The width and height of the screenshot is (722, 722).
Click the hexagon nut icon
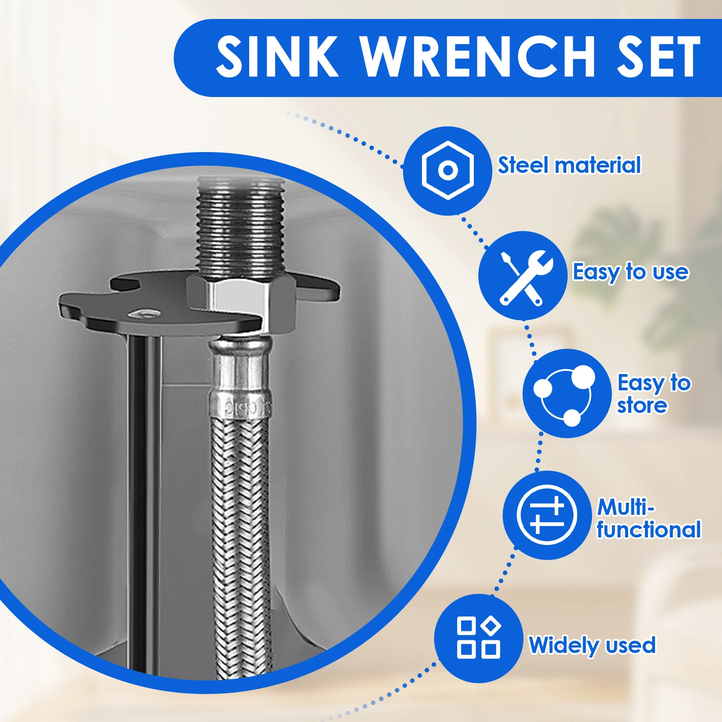click(447, 171)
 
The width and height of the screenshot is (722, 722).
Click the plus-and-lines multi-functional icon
click(547, 515)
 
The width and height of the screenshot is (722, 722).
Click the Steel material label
click(569, 165)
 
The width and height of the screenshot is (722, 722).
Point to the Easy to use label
click(631, 272)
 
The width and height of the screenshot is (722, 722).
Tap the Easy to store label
click(654, 394)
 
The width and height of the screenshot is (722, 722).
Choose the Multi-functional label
click(648, 518)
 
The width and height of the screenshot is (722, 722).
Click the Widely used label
click(592, 645)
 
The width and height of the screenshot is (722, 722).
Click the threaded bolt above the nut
click(241, 227)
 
